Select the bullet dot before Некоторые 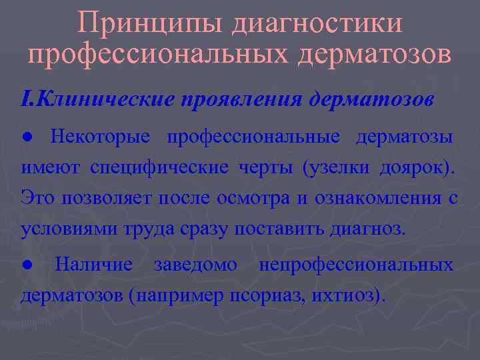click(25, 137)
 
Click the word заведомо click(195, 265)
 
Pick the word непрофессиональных click(355, 265)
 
